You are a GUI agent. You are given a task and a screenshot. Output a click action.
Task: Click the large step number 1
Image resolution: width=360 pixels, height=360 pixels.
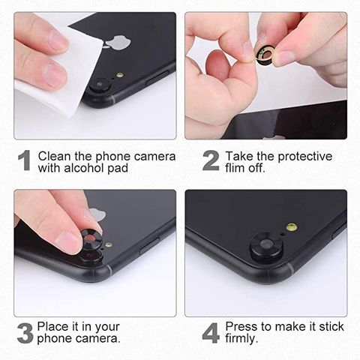tap(25, 160)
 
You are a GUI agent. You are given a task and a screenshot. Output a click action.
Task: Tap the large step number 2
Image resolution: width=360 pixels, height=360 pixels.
tap(211, 160)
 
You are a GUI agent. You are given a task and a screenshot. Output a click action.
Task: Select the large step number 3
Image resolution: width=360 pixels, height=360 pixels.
tap(25, 333)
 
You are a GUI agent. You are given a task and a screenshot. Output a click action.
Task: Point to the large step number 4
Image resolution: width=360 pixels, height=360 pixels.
tap(211, 333)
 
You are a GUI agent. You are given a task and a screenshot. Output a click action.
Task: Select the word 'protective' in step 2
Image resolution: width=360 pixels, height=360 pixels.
tap(305, 157)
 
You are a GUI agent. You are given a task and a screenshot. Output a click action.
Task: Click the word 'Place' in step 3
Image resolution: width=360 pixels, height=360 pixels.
tap(52, 327)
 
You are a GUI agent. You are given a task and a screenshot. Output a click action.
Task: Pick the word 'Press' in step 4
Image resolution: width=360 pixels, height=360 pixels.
tap(241, 327)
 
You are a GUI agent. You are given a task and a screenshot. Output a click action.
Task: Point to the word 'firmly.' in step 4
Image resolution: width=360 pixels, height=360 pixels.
tap(241, 338)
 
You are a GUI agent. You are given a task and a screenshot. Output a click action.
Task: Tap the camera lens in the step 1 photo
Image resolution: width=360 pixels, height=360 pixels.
tap(100, 85)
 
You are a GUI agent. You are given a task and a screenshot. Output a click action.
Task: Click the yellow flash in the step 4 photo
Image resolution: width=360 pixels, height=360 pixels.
tap(292, 227)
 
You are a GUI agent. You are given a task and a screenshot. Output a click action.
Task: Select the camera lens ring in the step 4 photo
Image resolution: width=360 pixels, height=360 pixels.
tap(266, 246)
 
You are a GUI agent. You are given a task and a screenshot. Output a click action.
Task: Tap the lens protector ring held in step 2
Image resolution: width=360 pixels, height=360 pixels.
tap(265, 55)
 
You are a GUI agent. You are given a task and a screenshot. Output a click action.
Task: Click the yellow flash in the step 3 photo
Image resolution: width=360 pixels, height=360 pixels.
tap(108, 244)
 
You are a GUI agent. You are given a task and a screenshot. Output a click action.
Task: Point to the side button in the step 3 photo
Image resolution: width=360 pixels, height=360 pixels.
tap(149, 246)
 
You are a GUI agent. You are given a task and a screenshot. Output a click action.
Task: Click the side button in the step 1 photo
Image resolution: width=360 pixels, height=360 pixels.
tap(157, 79)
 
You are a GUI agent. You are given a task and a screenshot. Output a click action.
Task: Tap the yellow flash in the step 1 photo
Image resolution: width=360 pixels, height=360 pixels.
tap(120, 75)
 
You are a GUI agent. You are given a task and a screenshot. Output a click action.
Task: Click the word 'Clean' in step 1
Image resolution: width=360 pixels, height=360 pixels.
tap(55, 156)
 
